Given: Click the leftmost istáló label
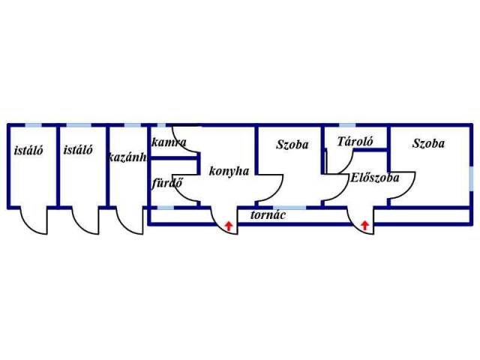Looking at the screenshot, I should [28, 150].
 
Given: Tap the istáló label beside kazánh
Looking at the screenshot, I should [79, 150].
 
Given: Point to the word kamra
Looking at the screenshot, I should [168, 142].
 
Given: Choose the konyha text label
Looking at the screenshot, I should [229, 170].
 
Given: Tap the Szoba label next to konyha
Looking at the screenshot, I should [292, 145].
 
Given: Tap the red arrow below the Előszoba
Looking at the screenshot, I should [365, 223].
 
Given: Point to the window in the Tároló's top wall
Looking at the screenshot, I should [348, 124].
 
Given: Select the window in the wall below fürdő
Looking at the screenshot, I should [166, 206].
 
